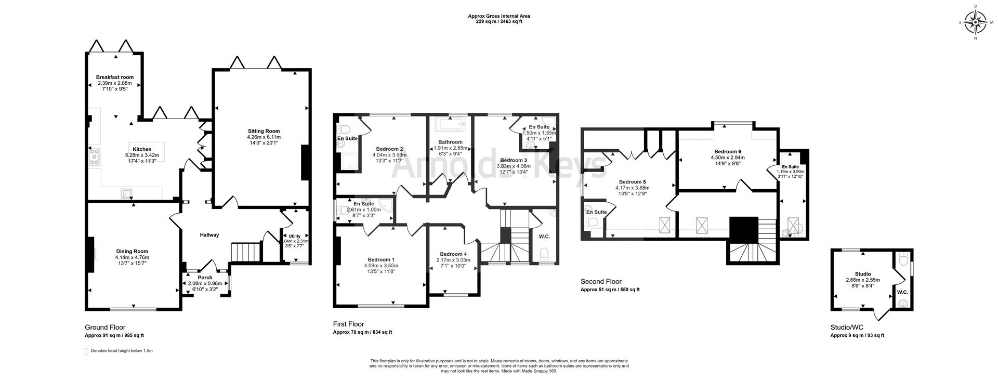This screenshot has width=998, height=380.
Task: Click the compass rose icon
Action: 975,23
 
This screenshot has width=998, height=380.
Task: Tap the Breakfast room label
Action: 115,77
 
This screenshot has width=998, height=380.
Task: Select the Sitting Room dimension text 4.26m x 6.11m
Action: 264,137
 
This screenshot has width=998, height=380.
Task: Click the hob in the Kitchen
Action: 95,157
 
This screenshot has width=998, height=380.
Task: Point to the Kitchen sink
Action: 125,194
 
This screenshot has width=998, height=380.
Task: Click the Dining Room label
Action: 132,251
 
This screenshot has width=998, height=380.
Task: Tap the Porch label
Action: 205,278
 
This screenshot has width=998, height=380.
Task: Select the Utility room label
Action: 295,236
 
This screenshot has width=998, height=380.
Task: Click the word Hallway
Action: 209,235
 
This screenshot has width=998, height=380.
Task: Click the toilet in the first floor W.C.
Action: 544,254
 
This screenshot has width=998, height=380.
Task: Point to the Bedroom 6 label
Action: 728,151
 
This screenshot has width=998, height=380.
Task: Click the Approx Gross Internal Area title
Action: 499,16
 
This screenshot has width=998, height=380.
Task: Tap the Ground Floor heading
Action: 105,327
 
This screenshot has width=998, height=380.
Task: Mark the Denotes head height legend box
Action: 86,351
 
